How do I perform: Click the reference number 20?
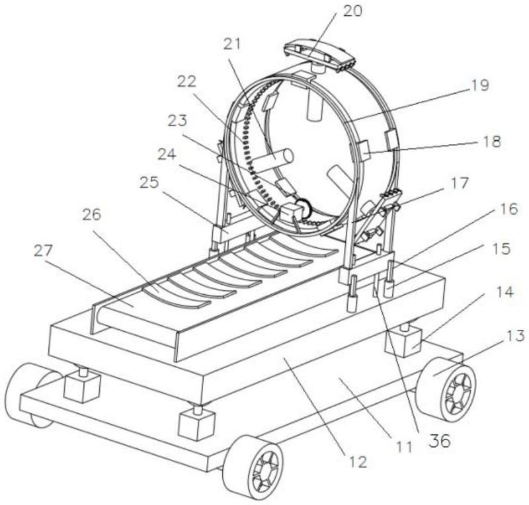(351, 11)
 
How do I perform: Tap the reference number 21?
(233, 44)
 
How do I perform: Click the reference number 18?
(491, 141)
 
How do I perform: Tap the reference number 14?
(506, 291)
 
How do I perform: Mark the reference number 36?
(438, 441)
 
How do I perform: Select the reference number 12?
(357, 462)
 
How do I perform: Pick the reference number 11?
(405, 446)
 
